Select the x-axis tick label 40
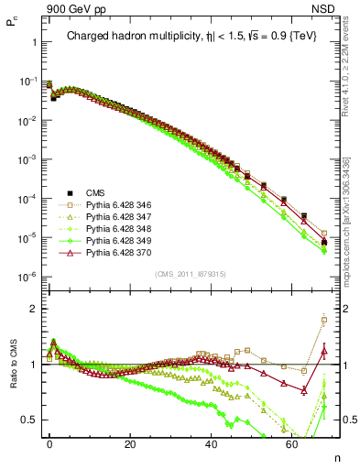point(212,442)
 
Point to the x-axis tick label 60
point(292,442)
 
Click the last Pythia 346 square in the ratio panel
point(324,320)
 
